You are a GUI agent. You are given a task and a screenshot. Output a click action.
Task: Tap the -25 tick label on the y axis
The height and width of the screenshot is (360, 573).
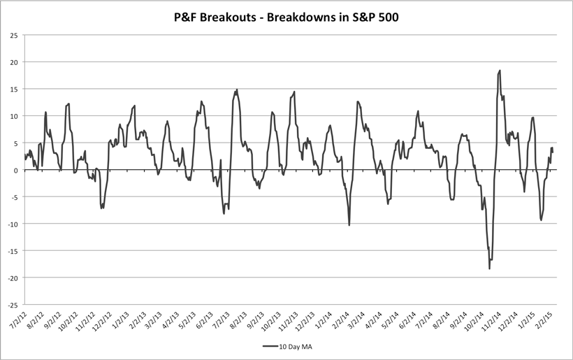[11, 305]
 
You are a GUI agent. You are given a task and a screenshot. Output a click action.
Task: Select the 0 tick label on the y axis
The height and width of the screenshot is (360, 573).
[15, 170]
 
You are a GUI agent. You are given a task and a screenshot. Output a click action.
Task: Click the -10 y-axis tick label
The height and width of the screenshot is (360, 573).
[11, 224]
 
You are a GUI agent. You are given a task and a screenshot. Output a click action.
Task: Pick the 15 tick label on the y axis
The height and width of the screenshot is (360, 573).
[13, 89]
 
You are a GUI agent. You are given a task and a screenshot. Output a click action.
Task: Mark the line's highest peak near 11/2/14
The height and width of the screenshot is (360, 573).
[500, 71]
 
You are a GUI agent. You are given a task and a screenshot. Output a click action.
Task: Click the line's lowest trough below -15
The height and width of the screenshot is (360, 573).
[489, 268]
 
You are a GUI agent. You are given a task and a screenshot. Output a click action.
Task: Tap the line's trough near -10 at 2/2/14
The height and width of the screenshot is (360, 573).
[349, 224]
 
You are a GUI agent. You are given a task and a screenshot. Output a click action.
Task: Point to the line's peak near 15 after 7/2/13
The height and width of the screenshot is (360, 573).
[237, 89]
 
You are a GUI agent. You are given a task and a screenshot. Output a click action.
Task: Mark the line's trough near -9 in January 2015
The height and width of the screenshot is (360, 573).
[541, 220]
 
